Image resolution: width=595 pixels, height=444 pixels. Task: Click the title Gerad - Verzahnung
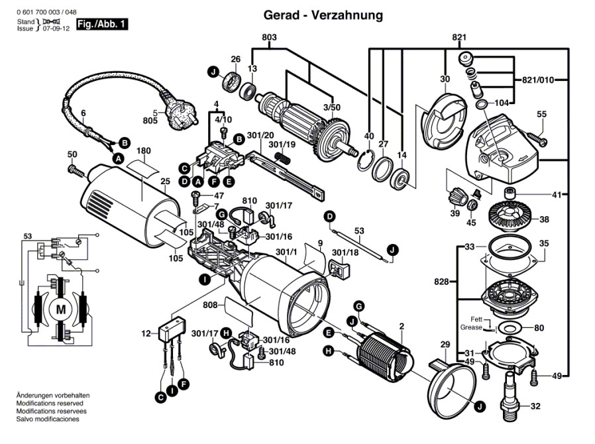[323, 15]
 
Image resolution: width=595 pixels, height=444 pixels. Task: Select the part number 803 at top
[269, 37]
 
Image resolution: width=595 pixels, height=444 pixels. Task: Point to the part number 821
[460, 37]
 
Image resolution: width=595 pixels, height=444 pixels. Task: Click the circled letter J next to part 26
[213, 72]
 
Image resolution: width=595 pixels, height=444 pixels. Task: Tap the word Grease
[472, 328]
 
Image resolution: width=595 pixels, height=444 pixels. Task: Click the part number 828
[441, 281]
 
